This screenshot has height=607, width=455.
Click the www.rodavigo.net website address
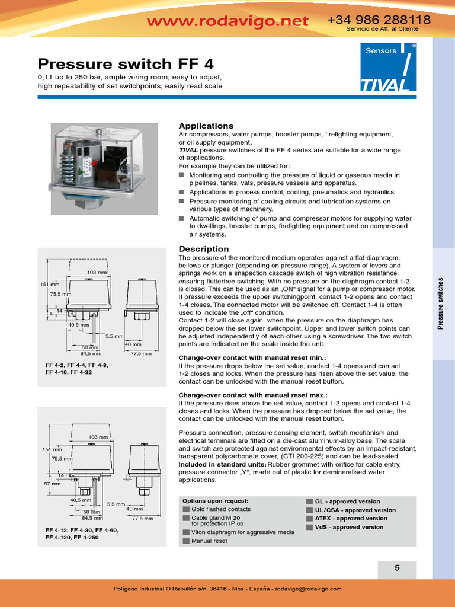(x=227, y=21)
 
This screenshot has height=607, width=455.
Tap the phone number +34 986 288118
(x=379, y=20)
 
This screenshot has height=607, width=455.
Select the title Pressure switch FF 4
(x=126, y=63)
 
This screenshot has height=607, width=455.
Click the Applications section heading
(x=206, y=126)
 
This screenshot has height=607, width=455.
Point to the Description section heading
(x=203, y=249)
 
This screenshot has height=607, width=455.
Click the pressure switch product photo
(x=103, y=168)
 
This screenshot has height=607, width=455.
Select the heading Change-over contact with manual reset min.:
(x=253, y=358)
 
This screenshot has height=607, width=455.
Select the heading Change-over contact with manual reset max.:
(x=254, y=395)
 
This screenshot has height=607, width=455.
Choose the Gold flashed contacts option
(x=220, y=509)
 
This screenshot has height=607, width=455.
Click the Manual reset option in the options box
(x=209, y=541)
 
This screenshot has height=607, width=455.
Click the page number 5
(x=397, y=568)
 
